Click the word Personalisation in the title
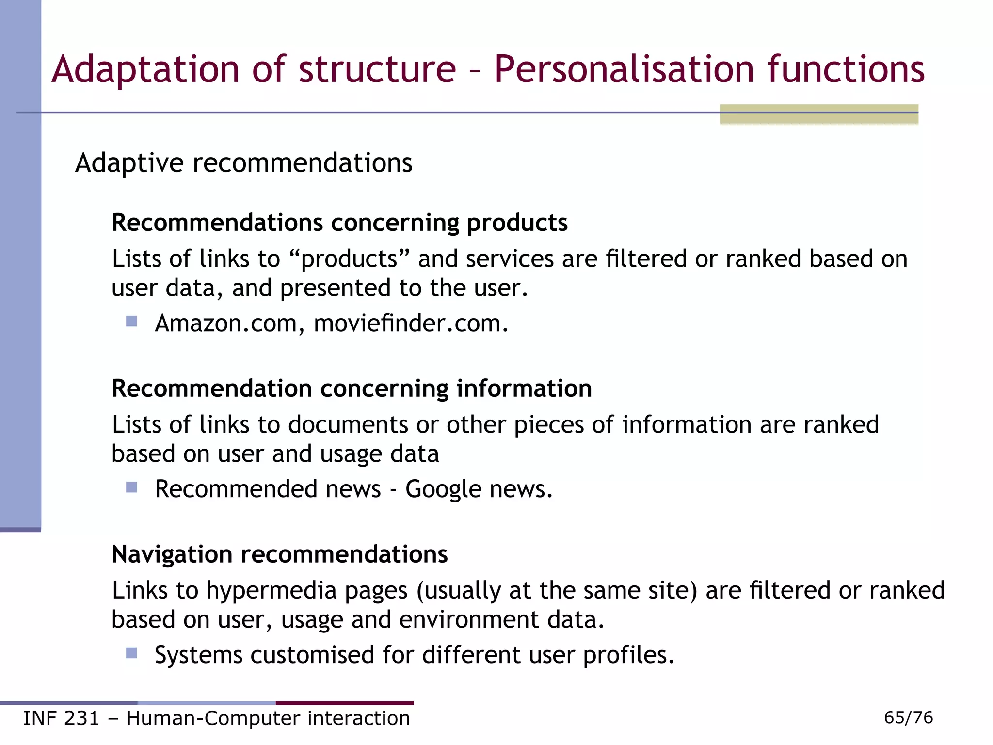click(624, 69)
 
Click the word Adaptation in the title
click(145, 69)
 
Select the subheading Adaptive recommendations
click(243, 163)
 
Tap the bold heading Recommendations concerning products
click(339, 223)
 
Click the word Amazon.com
click(226, 324)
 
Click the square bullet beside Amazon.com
click(131, 322)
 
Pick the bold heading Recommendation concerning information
click(352, 389)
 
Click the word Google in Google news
click(443, 489)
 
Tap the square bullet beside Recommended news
click(131, 487)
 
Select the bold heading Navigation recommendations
click(280, 554)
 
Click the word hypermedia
click(272, 591)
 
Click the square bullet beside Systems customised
click(131, 653)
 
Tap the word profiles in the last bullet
click(628, 655)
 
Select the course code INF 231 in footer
click(61, 718)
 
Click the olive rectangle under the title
click(818, 114)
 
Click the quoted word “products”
click(350, 259)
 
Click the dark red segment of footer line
click(344, 703)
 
